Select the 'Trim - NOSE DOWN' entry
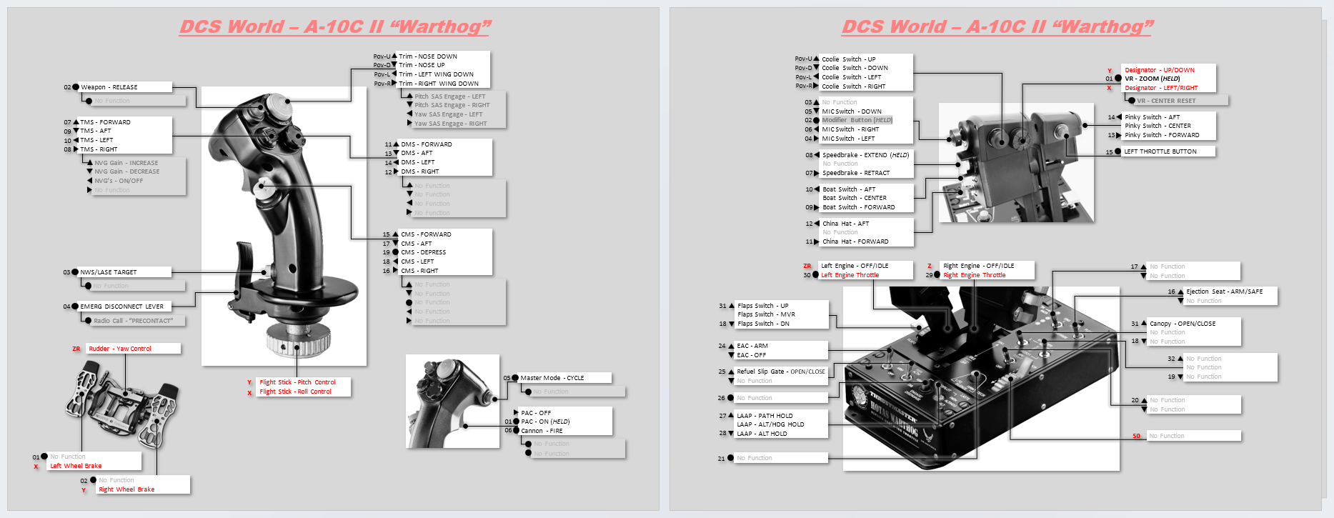pos(428,56)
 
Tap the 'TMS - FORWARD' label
pos(105,122)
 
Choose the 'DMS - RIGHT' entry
pos(420,171)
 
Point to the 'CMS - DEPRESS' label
pos(423,252)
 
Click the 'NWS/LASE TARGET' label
pos(109,272)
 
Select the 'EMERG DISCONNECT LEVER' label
pos(121,307)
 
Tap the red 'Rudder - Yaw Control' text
pos(120,349)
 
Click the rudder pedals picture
pos(123,404)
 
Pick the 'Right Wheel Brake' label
pos(126,489)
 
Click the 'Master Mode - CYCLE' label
pos(552,378)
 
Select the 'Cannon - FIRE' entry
pos(542,431)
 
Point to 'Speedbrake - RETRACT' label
pos(856,173)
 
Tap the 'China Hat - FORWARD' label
pos(855,241)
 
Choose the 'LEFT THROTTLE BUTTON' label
pos(1160,151)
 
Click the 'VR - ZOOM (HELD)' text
pos(1152,79)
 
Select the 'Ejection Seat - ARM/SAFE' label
pos(1224,292)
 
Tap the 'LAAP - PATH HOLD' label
pos(765,416)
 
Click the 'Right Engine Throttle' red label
pos(974,275)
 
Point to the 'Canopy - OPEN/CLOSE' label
pos(1183,324)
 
